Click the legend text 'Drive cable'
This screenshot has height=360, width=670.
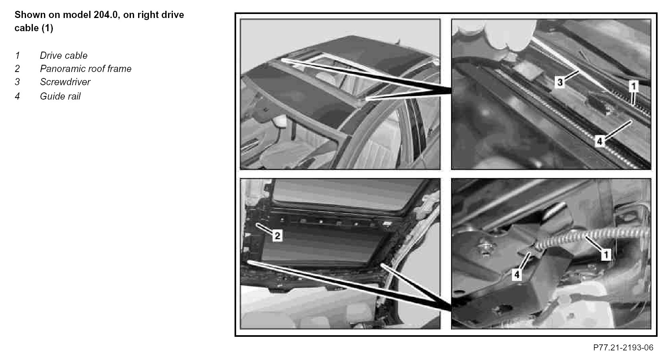coord(63,55)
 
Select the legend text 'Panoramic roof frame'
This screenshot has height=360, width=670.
coord(86,68)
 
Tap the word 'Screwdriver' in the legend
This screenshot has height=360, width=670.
coord(65,82)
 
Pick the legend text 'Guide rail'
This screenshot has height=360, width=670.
coord(60,96)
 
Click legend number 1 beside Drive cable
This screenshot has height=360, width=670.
coord(17,55)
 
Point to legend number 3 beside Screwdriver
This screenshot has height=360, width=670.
coord(17,82)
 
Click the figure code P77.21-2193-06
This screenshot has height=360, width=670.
coord(623,348)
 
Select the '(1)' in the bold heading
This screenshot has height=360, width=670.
coord(47,28)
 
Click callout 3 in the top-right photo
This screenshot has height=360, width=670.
coord(560,82)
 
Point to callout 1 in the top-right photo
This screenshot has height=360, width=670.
coord(633,86)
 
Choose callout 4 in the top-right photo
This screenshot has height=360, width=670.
coord(600,141)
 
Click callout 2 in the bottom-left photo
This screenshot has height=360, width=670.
coord(277,236)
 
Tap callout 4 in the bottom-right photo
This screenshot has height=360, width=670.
coord(517,274)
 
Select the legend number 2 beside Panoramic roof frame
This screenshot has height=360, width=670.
coord(17,68)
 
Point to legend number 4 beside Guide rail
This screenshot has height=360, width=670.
coord(17,96)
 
